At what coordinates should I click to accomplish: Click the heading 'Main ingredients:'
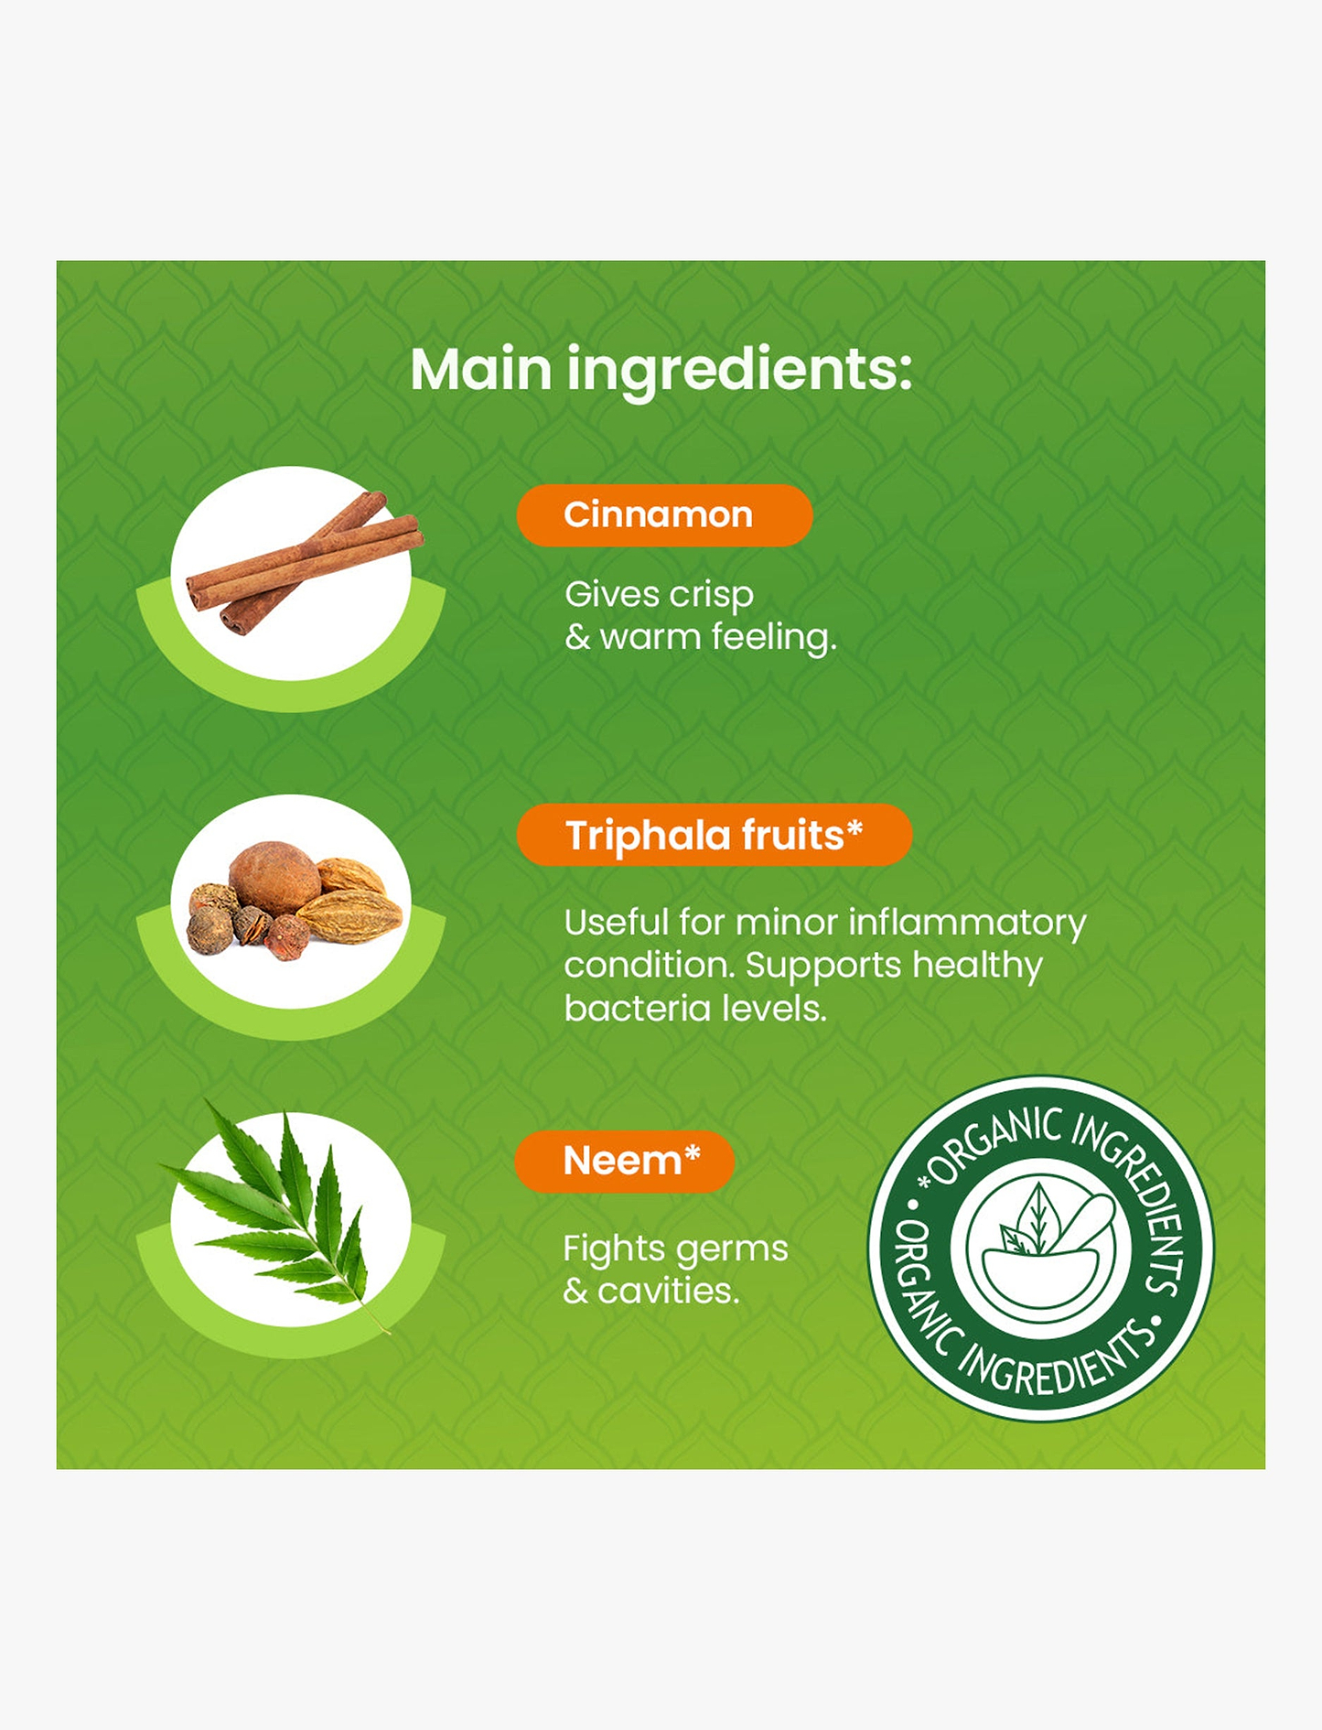(661, 369)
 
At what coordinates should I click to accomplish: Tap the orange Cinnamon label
(664, 515)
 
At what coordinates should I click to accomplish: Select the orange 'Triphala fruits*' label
(715, 835)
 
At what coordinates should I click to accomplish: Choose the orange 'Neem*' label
(625, 1161)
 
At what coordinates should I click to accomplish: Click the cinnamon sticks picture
(304, 563)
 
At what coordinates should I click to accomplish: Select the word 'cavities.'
(668, 1291)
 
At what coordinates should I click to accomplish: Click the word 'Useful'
(618, 923)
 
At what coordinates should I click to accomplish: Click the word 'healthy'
(977, 966)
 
